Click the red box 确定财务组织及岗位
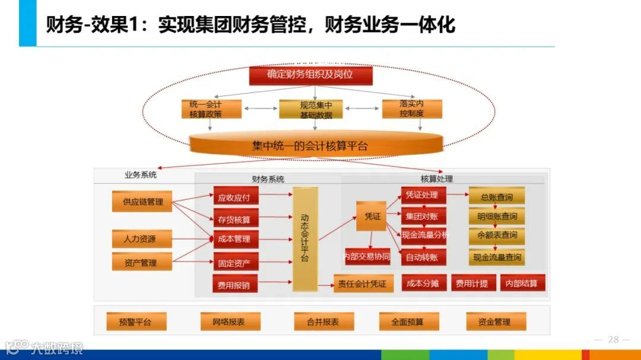(310, 75)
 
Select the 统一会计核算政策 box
(206, 109)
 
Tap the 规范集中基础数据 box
(316, 110)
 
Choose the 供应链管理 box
(142, 202)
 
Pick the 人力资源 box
(142, 239)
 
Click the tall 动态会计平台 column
(305, 239)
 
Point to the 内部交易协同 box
(367, 257)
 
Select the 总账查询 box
(496, 197)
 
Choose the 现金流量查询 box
(496, 257)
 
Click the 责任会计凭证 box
(362, 284)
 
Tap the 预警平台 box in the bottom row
(135, 322)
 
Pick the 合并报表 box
(323, 322)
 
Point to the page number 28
(613, 340)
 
